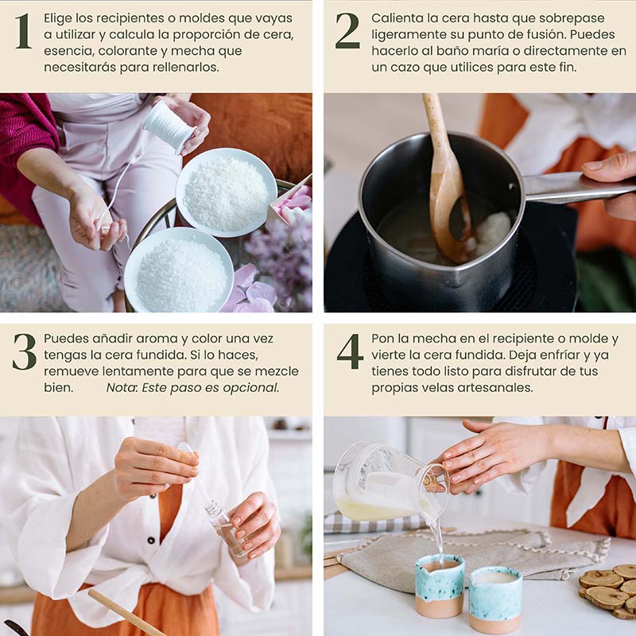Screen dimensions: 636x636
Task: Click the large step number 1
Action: coord(23,31)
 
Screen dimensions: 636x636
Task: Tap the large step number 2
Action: coord(347,31)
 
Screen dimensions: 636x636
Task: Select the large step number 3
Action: coord(25,351)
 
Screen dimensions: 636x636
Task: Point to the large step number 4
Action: coord(350,351)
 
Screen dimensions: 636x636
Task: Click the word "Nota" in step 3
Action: coord(122,388)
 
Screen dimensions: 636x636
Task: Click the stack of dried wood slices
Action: coord(608,590)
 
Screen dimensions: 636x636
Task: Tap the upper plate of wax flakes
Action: coord(227,192)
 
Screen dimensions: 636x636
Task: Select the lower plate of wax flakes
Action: coord(179,270)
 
